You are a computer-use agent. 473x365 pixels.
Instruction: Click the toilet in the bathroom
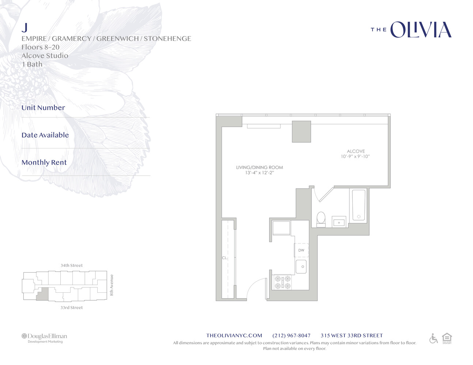(x=321, y=219)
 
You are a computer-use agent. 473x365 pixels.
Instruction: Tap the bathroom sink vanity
(x=339, y=222)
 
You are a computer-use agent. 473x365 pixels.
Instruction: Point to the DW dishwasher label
(x=301, y=250)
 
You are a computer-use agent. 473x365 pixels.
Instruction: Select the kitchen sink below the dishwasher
(x=301, y=266)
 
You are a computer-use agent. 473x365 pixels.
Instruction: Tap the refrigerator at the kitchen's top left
(x=281, y=228)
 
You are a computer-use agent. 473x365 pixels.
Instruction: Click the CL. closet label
(x=225, y=258)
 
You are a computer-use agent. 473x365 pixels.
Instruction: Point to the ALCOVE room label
(x=356, y=151)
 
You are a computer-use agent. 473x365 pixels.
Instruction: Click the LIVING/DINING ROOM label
(x=260, y=168)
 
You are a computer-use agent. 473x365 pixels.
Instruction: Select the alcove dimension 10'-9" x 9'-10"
(x=355, y=157)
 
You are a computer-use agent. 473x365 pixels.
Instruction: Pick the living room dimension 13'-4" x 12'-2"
(x=260, y=173)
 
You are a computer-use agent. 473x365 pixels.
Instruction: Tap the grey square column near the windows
(x=301, y=132)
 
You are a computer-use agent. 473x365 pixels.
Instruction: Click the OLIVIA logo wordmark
(x=420, y=30)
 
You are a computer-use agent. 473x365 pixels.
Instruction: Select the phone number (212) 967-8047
(x=291, y=335)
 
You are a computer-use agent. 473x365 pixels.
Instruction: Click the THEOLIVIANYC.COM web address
(x=234, y=335)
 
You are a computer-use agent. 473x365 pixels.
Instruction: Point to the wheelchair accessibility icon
(x=434, y=339)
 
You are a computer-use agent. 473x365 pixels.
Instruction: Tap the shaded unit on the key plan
(x=43, y=294)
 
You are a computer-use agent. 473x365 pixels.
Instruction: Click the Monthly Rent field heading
(x=44, y=162)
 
